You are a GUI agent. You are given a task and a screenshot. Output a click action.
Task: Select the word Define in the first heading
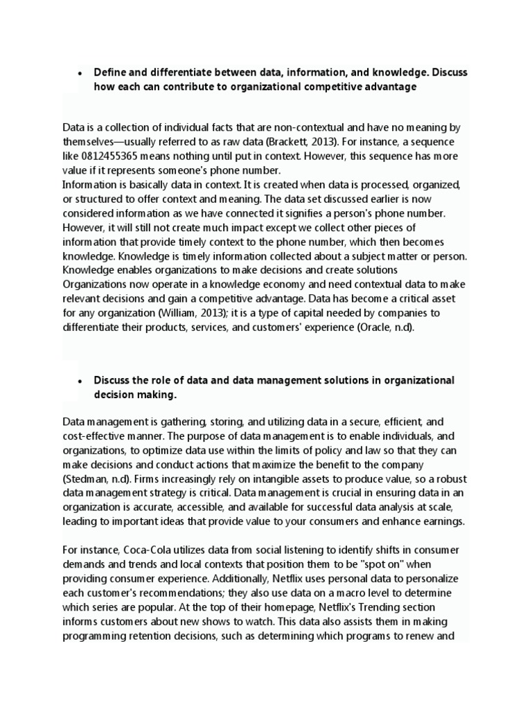coord(110,72)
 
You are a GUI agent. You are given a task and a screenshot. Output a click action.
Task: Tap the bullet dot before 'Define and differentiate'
coord(80,73)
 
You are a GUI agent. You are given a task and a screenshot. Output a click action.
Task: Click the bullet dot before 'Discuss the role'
coord(80,381)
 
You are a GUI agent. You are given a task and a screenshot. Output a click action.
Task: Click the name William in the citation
coord(181,313)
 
